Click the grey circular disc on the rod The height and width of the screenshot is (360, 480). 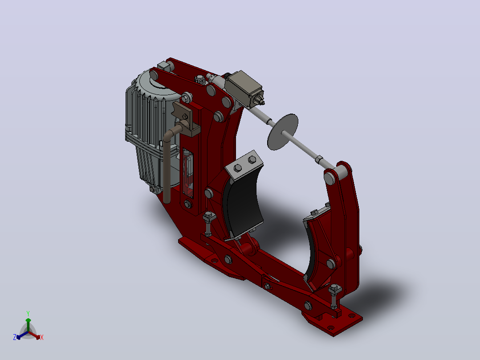tap(283, 132)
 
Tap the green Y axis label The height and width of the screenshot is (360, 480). tap(28, 314)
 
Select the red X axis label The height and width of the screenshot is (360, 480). tap(42, 337)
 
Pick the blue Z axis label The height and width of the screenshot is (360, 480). tap(15, 337)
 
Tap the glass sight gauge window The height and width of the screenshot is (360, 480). tap(188, 173)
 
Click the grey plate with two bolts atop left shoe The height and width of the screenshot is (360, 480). tap(244, 165)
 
